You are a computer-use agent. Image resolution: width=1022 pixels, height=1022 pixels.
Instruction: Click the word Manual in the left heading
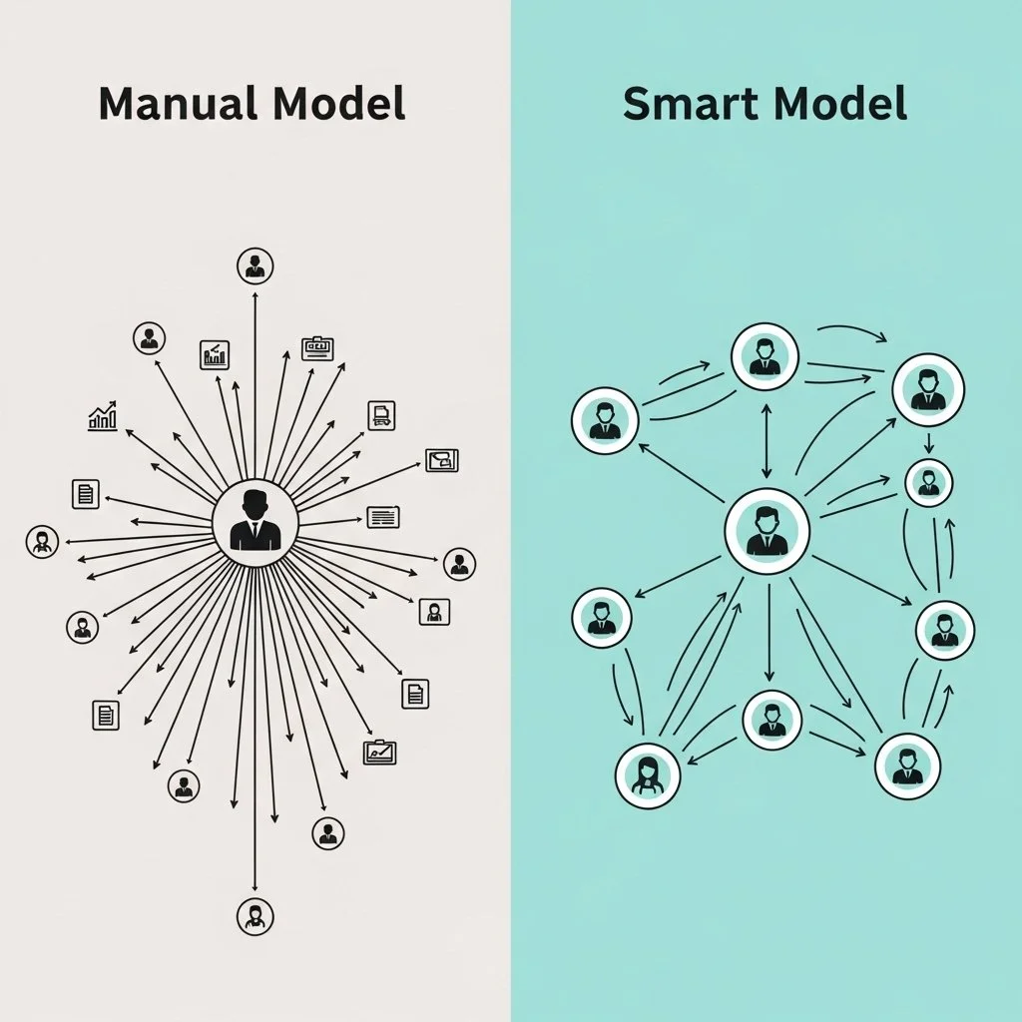170,104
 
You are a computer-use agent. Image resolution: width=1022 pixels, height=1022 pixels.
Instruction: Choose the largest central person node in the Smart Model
766,530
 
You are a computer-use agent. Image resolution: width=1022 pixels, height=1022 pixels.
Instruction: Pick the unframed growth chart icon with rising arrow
103,416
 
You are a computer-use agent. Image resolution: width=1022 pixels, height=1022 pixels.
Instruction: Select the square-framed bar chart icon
215,354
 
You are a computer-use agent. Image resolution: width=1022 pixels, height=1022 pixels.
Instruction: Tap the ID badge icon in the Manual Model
317,348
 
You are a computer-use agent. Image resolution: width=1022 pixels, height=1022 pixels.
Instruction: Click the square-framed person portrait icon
434,611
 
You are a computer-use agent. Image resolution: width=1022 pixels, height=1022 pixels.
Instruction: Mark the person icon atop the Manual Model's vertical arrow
255,266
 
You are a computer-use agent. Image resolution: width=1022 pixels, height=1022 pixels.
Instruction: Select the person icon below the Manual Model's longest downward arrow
255,914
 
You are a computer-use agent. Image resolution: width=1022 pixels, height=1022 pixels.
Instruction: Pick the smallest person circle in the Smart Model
928,483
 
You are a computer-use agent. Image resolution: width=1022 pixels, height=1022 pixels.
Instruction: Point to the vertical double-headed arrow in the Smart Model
766,440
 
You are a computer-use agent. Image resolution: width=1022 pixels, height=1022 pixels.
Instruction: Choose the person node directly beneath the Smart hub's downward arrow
772,719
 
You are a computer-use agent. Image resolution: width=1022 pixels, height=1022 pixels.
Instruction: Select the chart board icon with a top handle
379,752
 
